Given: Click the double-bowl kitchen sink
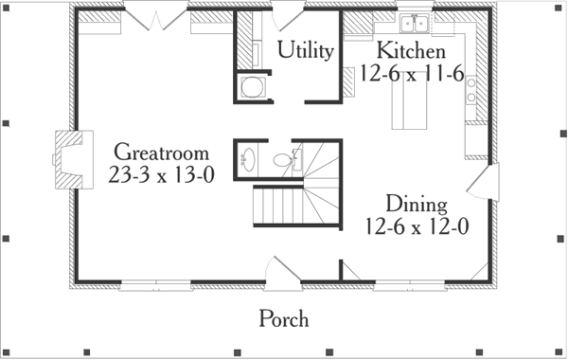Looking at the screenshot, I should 414,24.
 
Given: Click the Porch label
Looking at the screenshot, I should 284,319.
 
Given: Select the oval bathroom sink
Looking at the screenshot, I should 248,158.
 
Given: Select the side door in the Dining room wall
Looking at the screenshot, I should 488,179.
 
